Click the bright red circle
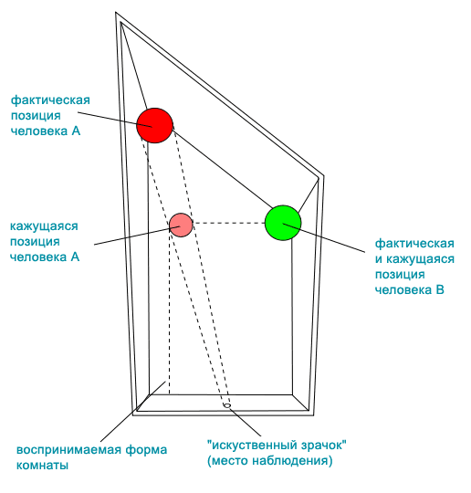pyautogui.click(x=154, y=125)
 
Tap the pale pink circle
pyautogui.click(x=181, y=225)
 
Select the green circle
pyautogui.click(x=283, y=223)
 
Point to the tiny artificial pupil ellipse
pyautogui.click(x=227, y=405)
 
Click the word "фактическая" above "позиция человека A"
pyautogui.click(x=50, y=100)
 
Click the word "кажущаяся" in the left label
pyautogui.click(x=44, y=226)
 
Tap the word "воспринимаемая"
pyautogui.click(x=68, y=450)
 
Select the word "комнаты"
pyautogui.click(x=43, y=465)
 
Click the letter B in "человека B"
pyautogui.click(x=440, y=289)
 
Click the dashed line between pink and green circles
pyautogui.click(x=229, y=224)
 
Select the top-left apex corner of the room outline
pyautogui.click(x=116, y=13)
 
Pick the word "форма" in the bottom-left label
pyautogui.click(x=146, y=450)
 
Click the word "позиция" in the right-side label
pyautogui.click(x=400, y=275)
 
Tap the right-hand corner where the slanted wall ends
pyautogui.click(x=323, y=176)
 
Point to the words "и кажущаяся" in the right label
pyautogui.click(x=415, y=259)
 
